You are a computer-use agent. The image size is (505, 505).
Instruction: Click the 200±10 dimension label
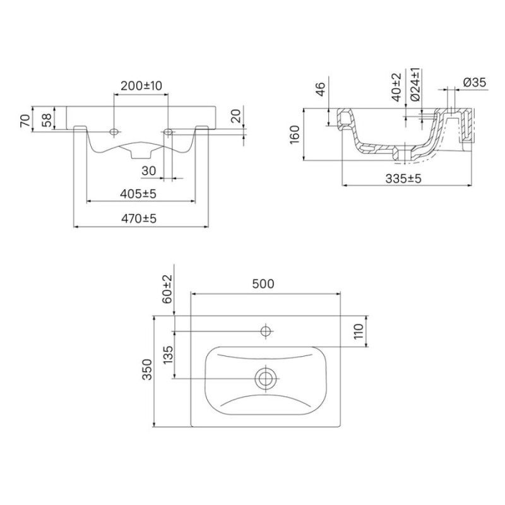[x=141, y=86]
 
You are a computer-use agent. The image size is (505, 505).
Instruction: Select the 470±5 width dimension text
[x=138, y=218]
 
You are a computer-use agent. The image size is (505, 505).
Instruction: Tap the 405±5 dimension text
[x=138, y=194]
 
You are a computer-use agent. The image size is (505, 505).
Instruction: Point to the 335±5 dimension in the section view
[x=403, y=179]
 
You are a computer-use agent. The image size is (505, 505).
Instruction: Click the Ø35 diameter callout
[x=475, y=83]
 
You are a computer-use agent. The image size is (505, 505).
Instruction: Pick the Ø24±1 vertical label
[x=415, y=84]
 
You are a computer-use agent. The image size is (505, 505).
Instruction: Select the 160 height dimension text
[x=294, y=135]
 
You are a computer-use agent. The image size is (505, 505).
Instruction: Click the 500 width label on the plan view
[x=263, y=283]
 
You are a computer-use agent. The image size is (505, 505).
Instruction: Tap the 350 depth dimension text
[x=147, y=369]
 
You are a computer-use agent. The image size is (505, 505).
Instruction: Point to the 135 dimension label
[x=168, y=355]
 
